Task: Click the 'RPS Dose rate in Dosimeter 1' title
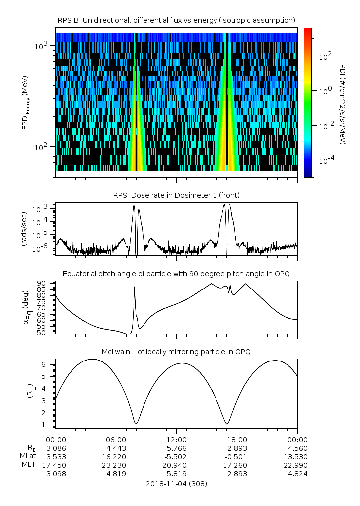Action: (x=176, y=195)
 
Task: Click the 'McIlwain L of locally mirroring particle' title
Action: (x=176, y=352)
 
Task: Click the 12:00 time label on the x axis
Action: (x=176, y=439)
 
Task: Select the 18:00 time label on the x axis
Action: (x=237, y=439)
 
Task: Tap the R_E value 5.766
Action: (x=176, y=448)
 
